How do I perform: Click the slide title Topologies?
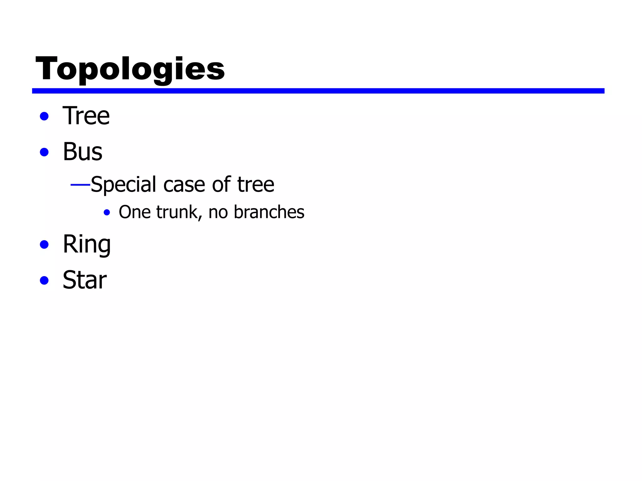coord(130,69)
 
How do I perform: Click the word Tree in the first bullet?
coord(86,116)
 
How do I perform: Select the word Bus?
coord(82,152)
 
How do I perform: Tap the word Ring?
coord(87,244)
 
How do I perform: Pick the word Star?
coord(85,280)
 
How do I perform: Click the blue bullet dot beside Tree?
coord(44,116)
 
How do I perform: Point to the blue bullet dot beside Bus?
coord(44,153)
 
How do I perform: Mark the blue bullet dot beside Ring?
coord(44,245)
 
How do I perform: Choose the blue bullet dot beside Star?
coord(44,280)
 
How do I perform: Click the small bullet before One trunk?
coord(107,213)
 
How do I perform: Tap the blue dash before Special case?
coord(80,185)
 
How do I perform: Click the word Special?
coord(123,184)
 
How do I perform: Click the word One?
coord(134,212)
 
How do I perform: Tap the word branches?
coord(269,212)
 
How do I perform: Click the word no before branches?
coord(218,213)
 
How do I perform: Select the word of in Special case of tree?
coord(221,184)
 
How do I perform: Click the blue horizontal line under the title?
coord(318,91)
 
